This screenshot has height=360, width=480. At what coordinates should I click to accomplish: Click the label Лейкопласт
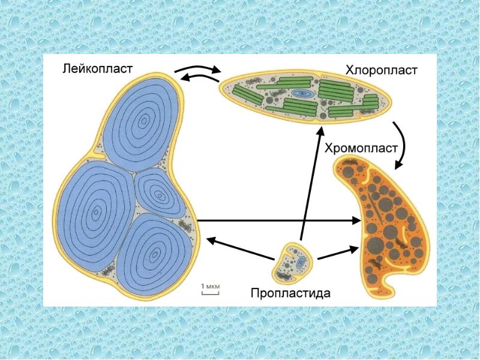click(x=97, y=68)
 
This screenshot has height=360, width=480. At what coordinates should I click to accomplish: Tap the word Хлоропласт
click(x=381, y=70)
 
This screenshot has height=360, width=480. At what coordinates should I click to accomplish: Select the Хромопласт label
click(x=361, y=148)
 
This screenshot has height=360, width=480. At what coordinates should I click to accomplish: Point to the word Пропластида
click(x=290, y=293)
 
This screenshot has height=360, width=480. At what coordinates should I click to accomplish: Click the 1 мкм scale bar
click(x=211, y=293)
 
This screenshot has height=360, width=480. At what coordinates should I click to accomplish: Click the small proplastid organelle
click(x=292, y=262)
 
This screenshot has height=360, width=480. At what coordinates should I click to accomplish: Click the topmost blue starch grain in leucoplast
click(x=141, y=122)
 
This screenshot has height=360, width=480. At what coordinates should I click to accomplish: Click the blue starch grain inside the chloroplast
click(x=302, y=94)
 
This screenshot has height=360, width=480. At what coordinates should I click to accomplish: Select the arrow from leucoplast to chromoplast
click(x=278, y=220)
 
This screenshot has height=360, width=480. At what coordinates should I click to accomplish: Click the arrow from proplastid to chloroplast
click(x=311, y=184)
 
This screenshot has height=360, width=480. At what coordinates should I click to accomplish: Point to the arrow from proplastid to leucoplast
click(x=241, y=249)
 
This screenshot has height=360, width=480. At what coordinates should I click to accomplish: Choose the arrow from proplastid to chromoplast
click(x=338, y=253)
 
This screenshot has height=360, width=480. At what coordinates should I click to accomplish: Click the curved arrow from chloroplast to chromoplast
click(x=403, y=144)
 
